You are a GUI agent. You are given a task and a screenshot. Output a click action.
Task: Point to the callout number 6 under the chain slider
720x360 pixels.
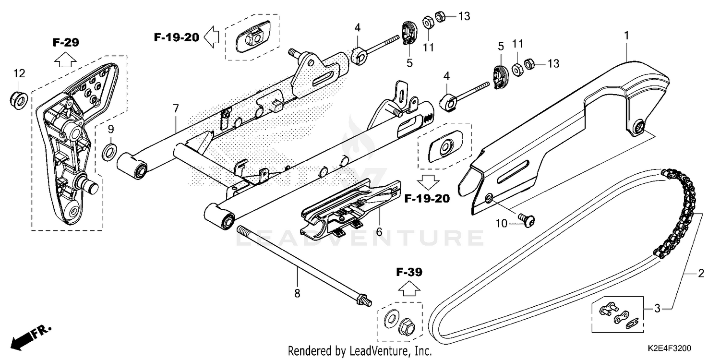tap(379, 232)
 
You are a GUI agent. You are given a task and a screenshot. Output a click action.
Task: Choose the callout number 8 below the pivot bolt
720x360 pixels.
tap(297, 293)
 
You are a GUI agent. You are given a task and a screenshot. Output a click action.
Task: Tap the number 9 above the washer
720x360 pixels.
tap(110, 129)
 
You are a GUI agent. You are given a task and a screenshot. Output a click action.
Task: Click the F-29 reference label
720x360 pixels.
tap(66, 43)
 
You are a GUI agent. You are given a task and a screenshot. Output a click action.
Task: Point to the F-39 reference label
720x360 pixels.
tap(409, 273)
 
